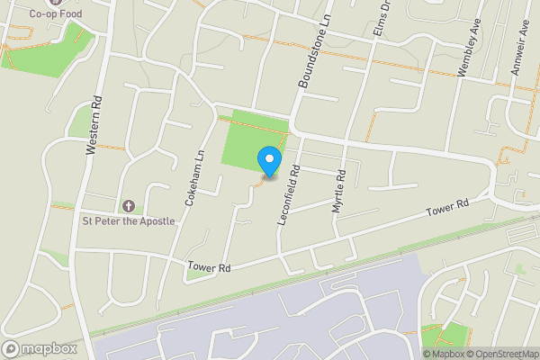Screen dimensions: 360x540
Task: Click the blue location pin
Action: pyautogui.click(x=268, y=159)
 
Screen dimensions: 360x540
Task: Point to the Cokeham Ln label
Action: pyautogui.click(x=191, y=179)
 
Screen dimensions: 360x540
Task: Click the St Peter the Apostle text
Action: pyautogui.click(x=129, y=221)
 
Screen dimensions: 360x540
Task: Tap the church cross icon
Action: pyautogui.click(x=127, y=206)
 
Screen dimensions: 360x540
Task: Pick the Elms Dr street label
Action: pyautogui.click(x=381, y=19)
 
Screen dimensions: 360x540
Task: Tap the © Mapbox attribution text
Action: pyautogui.click(x=444, y=354)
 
